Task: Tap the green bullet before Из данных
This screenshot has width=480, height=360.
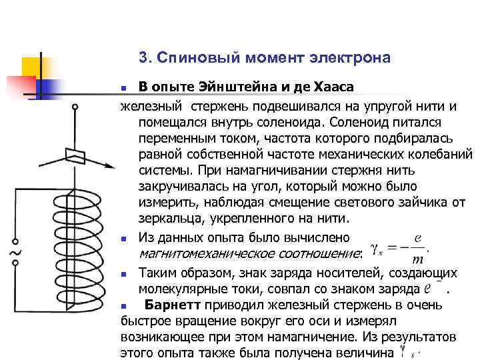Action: point(124,237)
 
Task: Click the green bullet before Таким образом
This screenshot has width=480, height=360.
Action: point(124,274)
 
